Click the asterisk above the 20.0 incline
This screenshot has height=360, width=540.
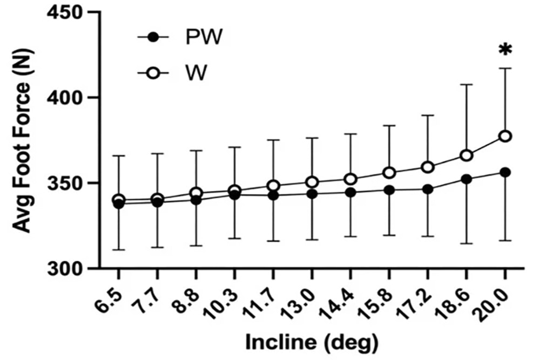click(505, 50)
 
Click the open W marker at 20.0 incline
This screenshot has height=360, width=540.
click(505, 136)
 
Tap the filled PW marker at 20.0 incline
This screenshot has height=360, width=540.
click(505, 172)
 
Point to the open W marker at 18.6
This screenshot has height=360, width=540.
click(466, 156)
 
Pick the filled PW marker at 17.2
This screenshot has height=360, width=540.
click(428, 189)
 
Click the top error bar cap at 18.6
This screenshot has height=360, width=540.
click(466, 85)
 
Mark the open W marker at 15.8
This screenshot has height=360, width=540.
click(389, 173)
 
